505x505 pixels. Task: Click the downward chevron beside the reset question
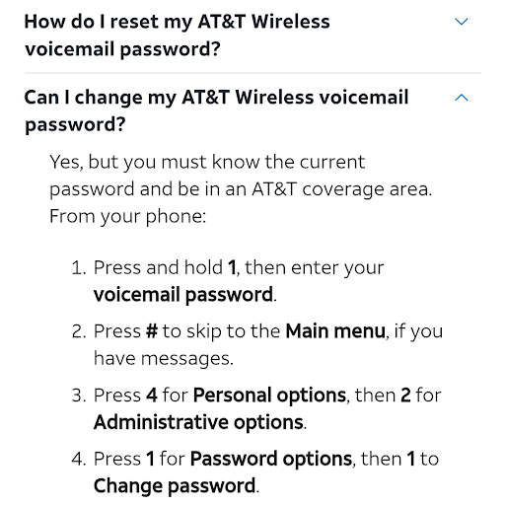click(x=461, y=22)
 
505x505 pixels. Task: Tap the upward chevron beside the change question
click(x=461, y=98)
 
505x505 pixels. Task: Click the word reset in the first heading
click(x=134, y=22)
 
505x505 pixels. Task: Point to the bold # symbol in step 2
click(x=152, y=330)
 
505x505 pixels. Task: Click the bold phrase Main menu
click(x=335, y=330)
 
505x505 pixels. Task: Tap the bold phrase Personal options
click(x=269, y=396)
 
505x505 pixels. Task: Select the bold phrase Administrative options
click(x=198, y=422)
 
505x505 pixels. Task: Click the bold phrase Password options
click(x=271, y=459)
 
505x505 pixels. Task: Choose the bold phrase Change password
click(x=175, y=486)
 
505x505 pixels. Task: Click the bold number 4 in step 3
click(x=152, y=395)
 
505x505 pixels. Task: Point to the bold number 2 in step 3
click(x=405, y=395)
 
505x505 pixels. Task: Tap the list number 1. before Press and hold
click(x=79, y=267)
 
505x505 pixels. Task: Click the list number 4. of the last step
click(x=79, y=459)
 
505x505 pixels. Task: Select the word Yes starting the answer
click(x=66, y=162)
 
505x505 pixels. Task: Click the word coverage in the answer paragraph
click(x=343, y=189)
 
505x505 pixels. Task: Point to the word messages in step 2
click(x=186, y=358)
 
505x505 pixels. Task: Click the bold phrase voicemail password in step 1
click(x=183, y=295)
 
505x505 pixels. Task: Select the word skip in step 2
click(x=204, y=331)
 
